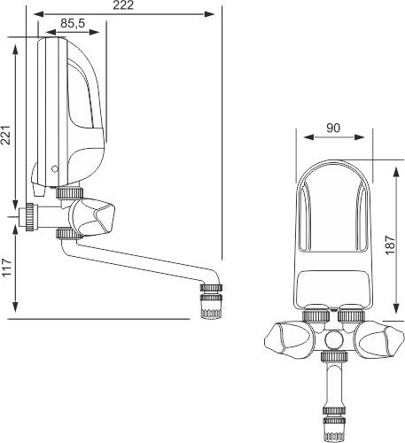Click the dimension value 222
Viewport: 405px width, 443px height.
[129, 7]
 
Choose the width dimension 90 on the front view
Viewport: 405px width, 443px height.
[332, 128]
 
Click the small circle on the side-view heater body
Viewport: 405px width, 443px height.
[55, 167]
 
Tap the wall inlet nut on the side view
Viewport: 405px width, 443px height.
[29, 214]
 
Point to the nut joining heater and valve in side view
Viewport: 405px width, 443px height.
[69, 192]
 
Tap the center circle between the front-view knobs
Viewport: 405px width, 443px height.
[332, 338]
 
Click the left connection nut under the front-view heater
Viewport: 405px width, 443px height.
[315, 314]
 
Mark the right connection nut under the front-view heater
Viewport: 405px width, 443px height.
[351, 314]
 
